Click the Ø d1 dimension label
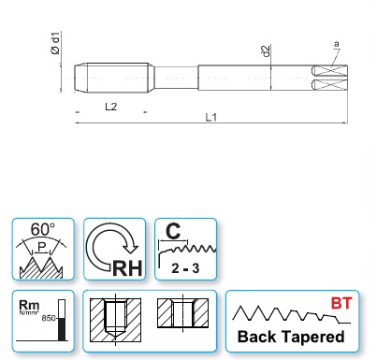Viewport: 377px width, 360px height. [55, 43]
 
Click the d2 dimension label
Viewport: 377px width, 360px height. [266, 51]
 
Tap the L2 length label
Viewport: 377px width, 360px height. [110, 107]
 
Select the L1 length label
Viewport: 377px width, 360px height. [210, 117]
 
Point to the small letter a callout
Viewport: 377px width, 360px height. [336, 44]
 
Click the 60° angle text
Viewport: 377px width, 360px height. [43, 229]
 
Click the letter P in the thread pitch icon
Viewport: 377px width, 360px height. [42, 247]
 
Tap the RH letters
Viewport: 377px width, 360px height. [127, 267]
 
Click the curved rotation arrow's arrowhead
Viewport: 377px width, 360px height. [131, 247]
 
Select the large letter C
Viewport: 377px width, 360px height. [173, 231]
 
